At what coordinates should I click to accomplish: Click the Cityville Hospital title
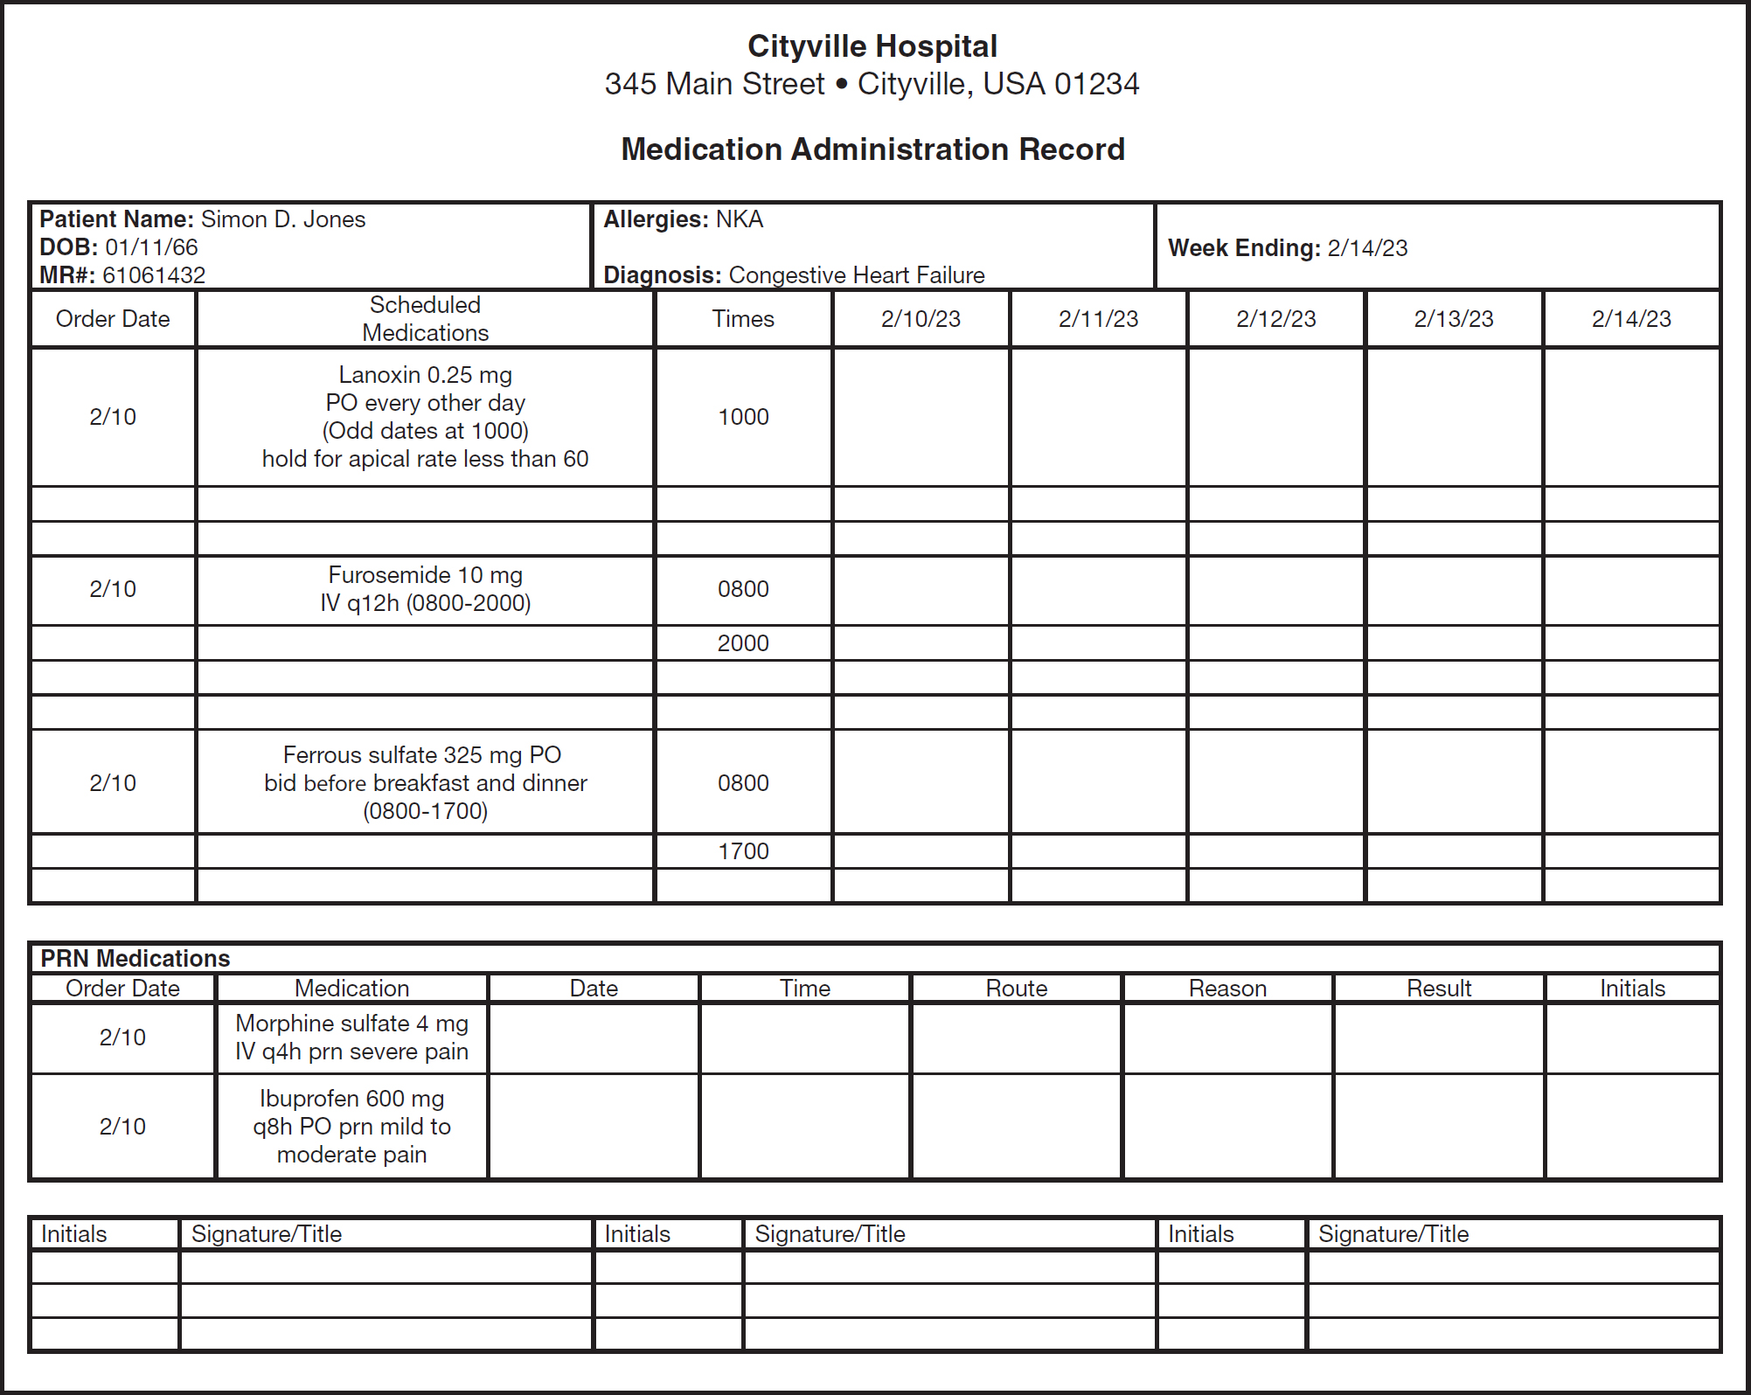(872, 46)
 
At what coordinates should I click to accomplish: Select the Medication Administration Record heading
(872, 149)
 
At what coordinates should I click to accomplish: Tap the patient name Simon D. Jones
(282, 219)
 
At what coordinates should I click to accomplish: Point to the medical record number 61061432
(154, 275)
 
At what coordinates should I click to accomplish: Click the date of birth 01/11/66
(151, 247)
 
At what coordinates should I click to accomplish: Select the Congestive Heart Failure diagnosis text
(856, 275)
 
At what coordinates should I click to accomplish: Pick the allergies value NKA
(739, 219)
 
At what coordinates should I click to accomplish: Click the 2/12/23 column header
(1275, 319)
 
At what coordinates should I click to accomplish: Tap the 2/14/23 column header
(1630, 319)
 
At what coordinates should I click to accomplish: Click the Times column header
(743, 319)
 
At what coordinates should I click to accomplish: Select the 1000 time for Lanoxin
(743, 417)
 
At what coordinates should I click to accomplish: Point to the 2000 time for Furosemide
(743, 643)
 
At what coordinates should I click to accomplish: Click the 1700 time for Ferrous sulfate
(743, 851)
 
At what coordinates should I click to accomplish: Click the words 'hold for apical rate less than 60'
(425, 459)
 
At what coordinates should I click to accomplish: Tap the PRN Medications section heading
(135, 959)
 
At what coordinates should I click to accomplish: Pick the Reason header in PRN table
(1227, 989)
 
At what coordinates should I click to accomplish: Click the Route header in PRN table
(1016, 989)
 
